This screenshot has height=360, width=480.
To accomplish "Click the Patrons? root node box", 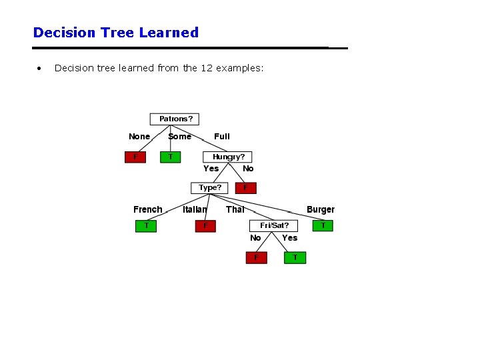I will [175, 119].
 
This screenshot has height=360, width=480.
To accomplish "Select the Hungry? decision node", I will [228, 157].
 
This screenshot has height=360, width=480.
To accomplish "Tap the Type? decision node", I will [209, 187].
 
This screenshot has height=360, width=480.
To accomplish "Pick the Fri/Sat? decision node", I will [274, 225].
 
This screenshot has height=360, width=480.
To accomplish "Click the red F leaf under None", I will [136, 157].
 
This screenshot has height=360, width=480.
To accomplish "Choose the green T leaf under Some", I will [170, 157].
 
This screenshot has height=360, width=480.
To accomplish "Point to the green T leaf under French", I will [146, 225].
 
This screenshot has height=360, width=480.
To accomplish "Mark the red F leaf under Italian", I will [205, 225].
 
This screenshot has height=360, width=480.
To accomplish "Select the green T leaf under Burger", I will [323, 225].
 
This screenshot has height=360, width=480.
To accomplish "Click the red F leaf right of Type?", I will [245, 187].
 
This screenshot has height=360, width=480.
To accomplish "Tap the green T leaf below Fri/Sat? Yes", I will [295, 257].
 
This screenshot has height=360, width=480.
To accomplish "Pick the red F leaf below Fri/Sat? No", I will [256, 257].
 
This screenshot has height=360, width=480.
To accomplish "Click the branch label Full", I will [222, 137].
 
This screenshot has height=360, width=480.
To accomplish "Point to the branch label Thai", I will [235, 209].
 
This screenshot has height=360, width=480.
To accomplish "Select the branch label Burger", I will [321, 209].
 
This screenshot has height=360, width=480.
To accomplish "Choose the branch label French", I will [147, 209].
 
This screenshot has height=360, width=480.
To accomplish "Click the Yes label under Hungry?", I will [211, 169].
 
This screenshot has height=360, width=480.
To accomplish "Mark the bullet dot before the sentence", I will [40, 68].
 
